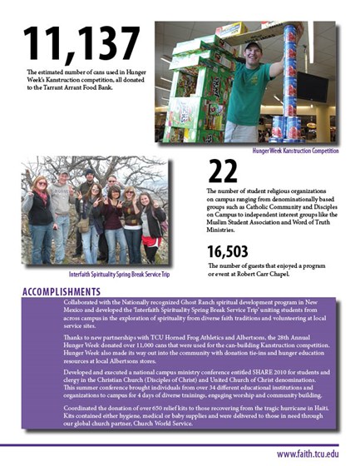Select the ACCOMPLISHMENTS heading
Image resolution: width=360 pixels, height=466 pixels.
point(61,291)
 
